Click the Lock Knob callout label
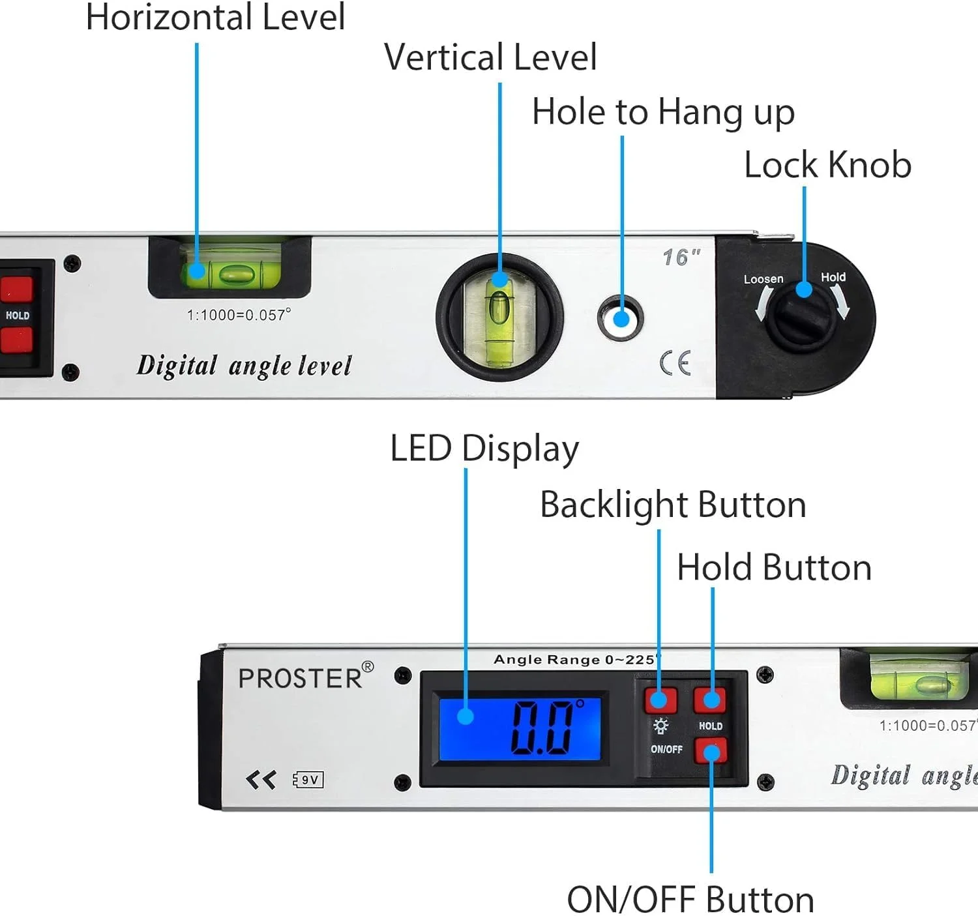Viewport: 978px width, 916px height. coord(827,165)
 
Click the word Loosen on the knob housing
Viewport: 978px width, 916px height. coord(763,279)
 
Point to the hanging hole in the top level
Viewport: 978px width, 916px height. coord(621,318)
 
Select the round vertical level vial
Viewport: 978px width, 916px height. coord(499,317)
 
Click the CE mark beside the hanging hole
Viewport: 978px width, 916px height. coord(675,363)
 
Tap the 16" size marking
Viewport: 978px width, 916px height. coord(681,257)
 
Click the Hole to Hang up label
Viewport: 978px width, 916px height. coord(662,112)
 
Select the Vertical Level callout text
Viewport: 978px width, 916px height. coord(490,57)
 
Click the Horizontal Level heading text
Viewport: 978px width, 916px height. coord(215,18)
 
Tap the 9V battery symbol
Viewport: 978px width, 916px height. coord(308,780)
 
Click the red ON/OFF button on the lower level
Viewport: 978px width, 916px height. coord(710,752)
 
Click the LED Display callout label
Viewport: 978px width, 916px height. coord(484,449)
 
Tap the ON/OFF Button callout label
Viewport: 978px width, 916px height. coord(690,900)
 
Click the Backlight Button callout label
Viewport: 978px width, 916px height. coord(673,505)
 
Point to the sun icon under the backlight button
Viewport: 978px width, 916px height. coord(660,726)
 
